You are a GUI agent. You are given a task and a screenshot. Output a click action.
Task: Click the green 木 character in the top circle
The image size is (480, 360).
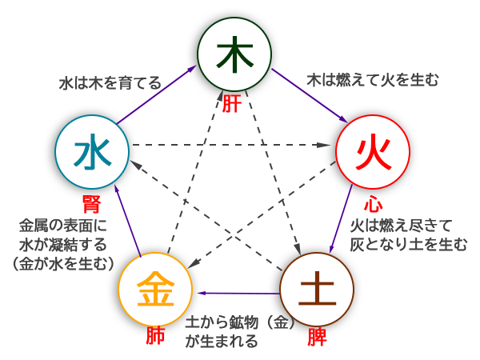pyautogui.click(x=235, y=54)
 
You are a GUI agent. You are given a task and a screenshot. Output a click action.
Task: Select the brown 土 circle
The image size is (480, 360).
pyautogui.click(x=318, y=289)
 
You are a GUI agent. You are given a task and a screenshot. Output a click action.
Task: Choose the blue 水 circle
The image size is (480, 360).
pyautogui.click(x=94, y=150)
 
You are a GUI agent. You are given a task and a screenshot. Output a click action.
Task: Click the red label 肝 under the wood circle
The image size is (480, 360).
pyautogui.click(x=231, y=105)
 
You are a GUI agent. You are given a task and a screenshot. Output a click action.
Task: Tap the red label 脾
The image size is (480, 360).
pyautogui.click(x=318, y=337)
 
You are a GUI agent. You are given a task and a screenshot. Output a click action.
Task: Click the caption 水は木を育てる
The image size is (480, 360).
pyautogui.click(x=110, y=83)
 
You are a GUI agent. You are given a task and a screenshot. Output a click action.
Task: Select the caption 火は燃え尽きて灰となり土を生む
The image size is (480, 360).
pyautogui.click(x=408, y=236)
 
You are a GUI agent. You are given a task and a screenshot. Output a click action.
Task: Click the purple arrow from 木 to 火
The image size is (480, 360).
pyautogui.click(x=308, y=95)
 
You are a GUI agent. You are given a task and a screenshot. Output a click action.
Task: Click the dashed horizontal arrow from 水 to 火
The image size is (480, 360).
pyautogui.click(x=232, y=146)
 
